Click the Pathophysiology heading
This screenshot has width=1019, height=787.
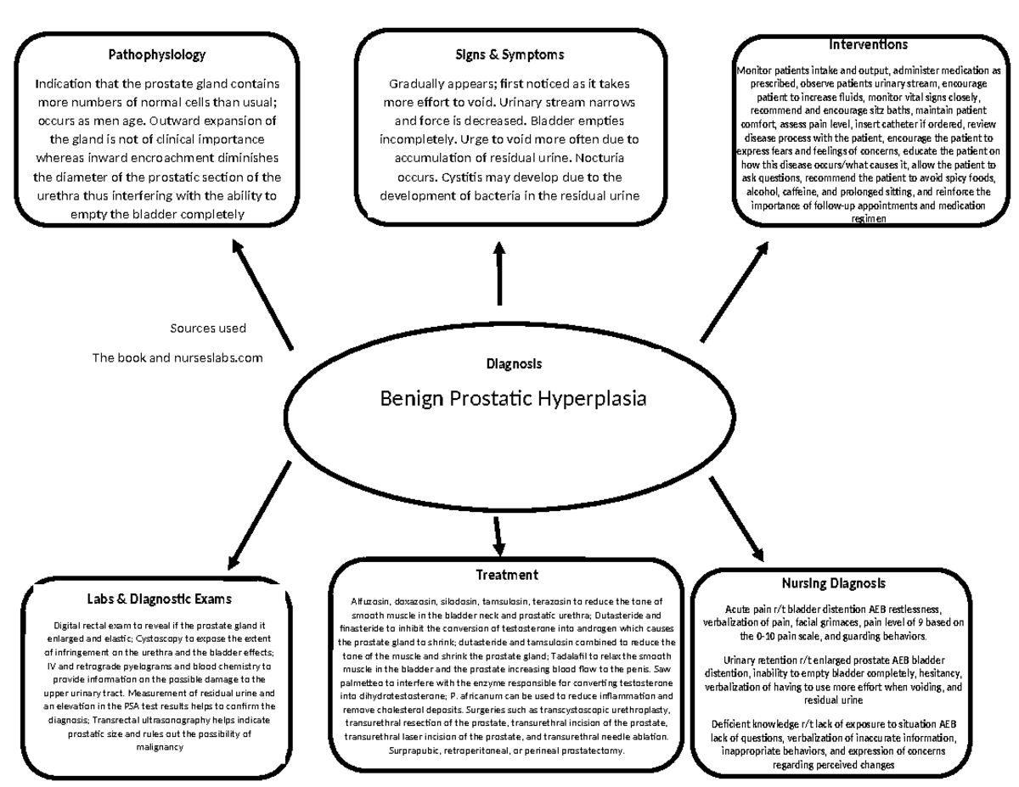coord(156,55)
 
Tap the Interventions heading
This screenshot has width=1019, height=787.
coord(868,43)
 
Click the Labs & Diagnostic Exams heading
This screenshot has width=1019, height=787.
coord(159,599)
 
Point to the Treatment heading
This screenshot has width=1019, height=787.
coord(506,575)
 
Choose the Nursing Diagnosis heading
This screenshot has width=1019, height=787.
coord(833,583)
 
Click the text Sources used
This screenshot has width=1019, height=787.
coord(208,329)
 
